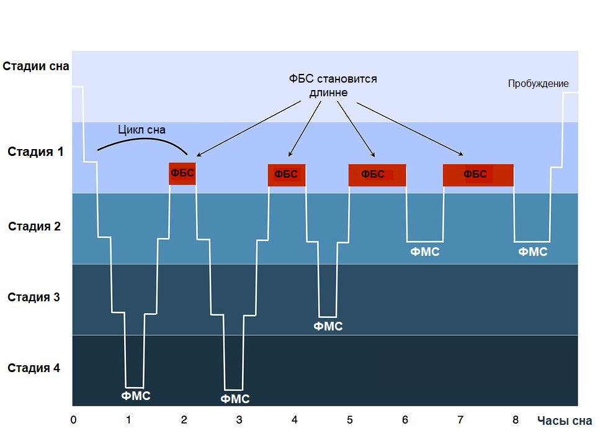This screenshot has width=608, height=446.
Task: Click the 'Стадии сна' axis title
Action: [35, 66]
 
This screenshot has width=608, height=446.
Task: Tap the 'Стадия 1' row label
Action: [35, 152]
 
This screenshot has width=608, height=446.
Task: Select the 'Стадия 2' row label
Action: [34, 226]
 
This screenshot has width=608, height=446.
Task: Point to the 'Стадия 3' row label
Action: [34, 297]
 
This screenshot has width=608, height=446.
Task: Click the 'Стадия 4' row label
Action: [34, 368]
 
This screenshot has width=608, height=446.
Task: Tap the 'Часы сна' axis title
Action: [565, 421]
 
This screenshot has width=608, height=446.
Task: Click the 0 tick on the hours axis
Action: [74, 420]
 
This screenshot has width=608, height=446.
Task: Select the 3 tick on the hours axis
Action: [239, 420]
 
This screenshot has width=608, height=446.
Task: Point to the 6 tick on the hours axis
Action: [405, 420]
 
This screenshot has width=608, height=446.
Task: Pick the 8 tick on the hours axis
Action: [516, 420]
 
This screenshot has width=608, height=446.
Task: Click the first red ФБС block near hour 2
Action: [182, 173]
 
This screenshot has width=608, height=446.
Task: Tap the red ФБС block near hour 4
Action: [286, 175]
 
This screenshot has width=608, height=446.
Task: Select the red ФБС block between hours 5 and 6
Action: [377, 175]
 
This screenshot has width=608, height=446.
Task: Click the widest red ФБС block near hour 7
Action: [478, 175]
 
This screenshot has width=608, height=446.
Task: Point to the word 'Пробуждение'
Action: [538, 84]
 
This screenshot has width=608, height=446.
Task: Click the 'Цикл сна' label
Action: [142, 130]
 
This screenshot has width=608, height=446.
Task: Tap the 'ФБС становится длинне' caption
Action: [333, 86]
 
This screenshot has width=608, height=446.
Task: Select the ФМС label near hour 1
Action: [135, 396]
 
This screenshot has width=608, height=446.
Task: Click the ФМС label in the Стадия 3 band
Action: [328, 326]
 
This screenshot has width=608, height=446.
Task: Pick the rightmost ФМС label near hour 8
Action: [533, 252]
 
